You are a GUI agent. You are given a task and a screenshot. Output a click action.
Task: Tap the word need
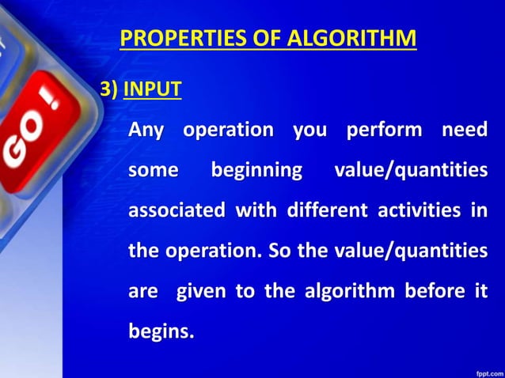pos(465,130)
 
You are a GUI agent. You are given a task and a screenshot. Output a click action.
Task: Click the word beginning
pos(256,170)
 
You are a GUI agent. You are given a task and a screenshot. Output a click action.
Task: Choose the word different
pos(327,211)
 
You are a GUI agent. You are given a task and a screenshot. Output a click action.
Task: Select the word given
pos(201,292)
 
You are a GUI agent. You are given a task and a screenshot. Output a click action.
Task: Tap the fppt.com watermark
pos(486,370)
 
